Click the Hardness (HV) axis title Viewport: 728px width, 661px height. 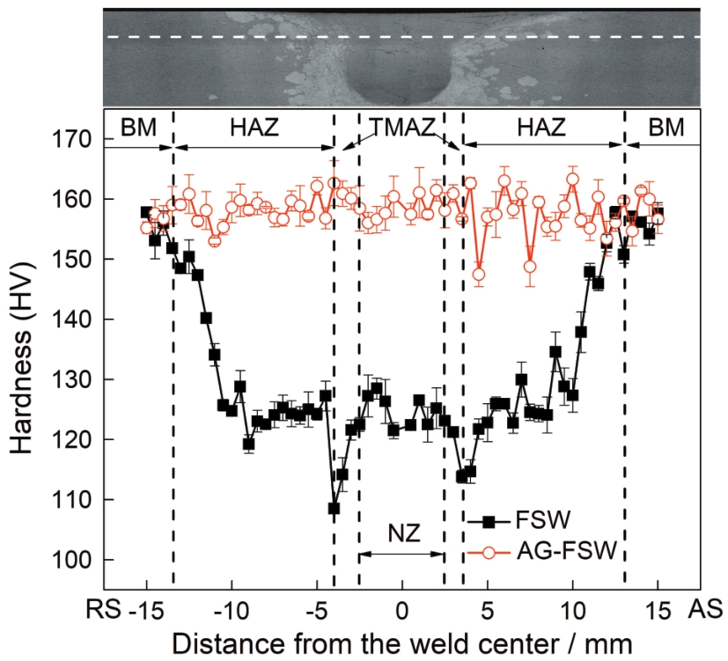[25, 350]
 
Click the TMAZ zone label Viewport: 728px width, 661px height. [401, 129]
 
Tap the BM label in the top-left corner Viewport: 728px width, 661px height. [137, 129]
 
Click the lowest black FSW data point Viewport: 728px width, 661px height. [334, 509]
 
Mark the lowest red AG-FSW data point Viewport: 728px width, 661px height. [479, 275]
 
